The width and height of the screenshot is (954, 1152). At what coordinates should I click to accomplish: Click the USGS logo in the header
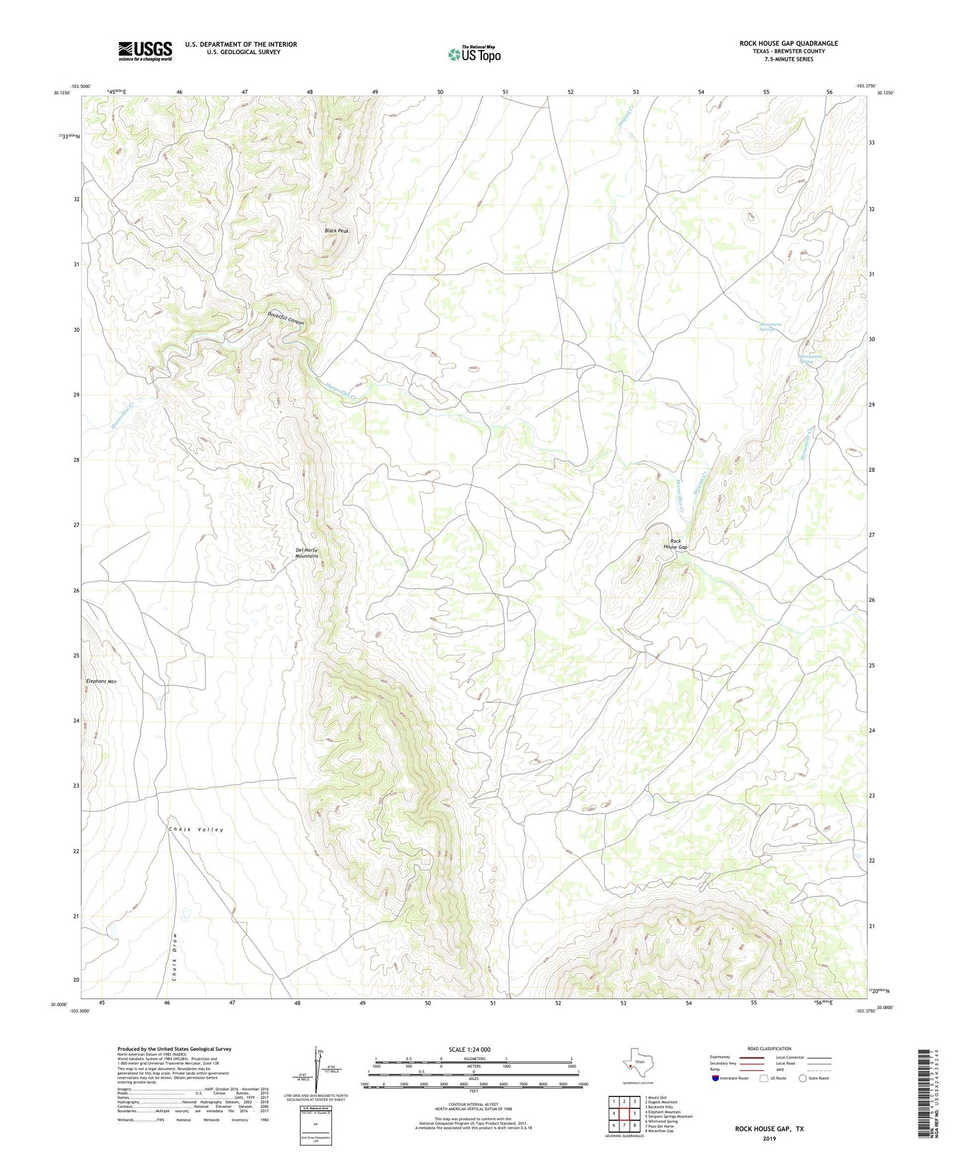tap(145, 50)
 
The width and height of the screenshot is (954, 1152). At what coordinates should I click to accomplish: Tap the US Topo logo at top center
tap(474, 53)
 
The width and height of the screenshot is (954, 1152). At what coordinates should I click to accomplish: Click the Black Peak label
tap(336, 231)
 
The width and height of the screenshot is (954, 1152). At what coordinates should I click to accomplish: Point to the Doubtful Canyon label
tap(286, 318)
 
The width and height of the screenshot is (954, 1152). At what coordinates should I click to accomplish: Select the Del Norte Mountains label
tap(306, 553)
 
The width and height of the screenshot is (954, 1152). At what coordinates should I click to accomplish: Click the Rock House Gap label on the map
tap(675, 544)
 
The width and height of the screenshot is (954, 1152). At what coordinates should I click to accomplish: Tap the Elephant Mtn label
tap(101, 681)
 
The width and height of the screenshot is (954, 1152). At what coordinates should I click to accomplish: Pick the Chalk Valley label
tap(196, 829)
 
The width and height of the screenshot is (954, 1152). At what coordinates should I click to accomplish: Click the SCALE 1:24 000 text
tap(469, 1050)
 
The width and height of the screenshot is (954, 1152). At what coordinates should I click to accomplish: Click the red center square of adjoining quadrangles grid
tap(623, 1114)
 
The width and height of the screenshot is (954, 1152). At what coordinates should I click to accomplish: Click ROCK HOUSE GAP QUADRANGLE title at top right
tap(788, 44)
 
